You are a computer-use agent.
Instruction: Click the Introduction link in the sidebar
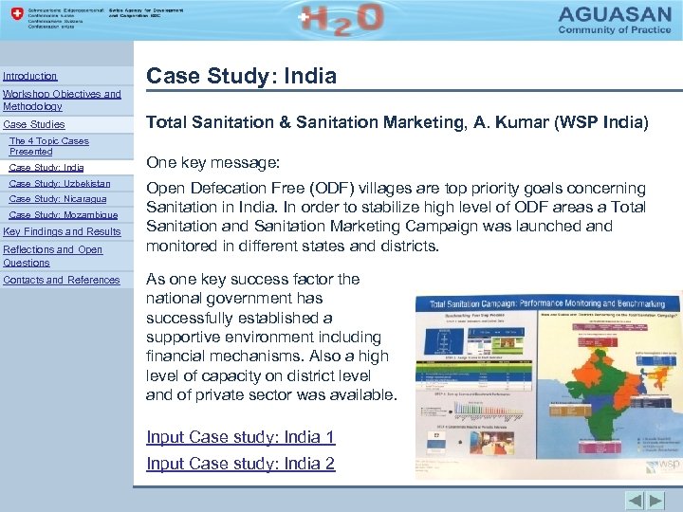(x=30, y=76)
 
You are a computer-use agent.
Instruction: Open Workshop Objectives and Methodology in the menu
(x=62, y=101)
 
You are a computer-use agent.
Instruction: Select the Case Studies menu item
(x=34, y=124)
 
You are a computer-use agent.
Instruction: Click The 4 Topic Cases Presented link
(x=48, y=146)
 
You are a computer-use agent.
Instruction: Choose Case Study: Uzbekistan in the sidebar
(x=59, y=184)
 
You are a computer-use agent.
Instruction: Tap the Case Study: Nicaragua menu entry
(x=57, y=199)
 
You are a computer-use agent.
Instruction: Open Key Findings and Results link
(x=63, y=231)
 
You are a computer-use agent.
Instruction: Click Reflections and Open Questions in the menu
(x=53, y=256)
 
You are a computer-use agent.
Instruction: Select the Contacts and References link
(x=62, y=280)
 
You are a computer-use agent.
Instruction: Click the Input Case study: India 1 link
(x=240, y=437)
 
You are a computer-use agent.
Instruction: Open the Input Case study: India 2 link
(x=240, y=464)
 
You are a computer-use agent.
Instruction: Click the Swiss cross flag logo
(x=14, y=16)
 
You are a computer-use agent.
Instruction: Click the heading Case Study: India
(x=241, y=76)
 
